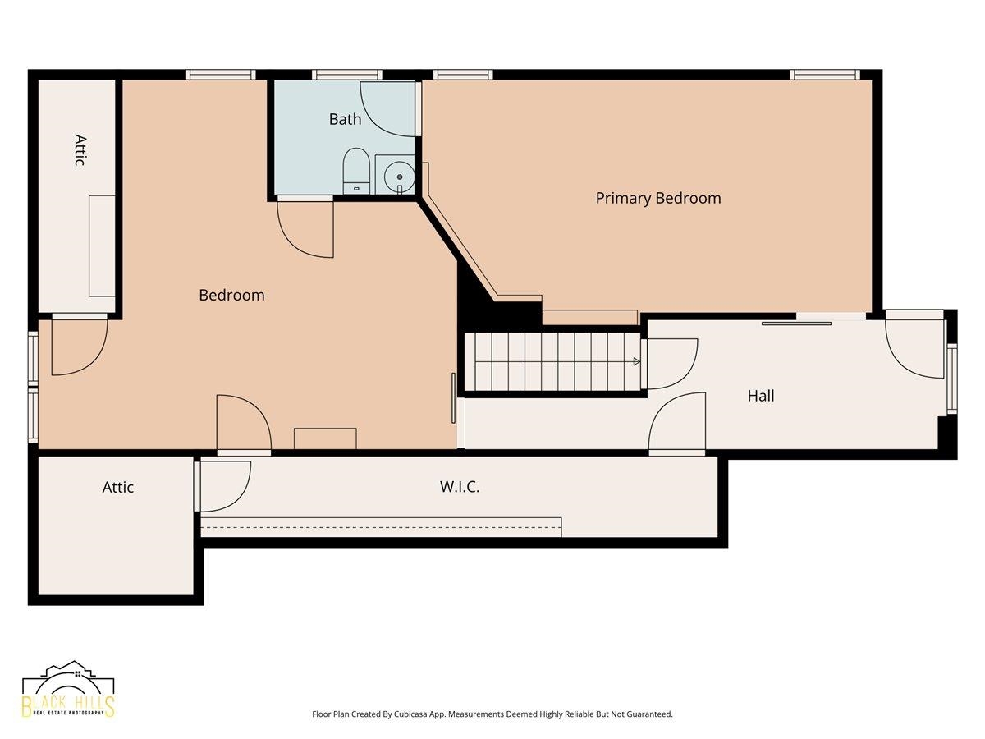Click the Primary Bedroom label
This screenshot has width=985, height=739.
pyautogui.click(x=657, y=199)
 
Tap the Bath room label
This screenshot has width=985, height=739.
pyautogui.click(x=345, y=119)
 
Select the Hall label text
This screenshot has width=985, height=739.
pyautogui.click(x=761, y=395)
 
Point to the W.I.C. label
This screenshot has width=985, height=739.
pyautogui.click(x=460, y=487)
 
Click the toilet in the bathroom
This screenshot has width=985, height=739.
pyautogui.click(x=356, y=171)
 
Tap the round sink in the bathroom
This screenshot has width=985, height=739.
pyautogui.click(x=399, y=177)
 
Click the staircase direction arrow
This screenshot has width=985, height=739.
pyautogui.click(x=636, y=361)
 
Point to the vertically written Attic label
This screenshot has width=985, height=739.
pyautogui.click(x=80, y=150)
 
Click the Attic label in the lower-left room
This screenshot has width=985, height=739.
pyautogui.click(x=117, y=487)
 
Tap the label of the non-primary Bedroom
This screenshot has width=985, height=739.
pyautogui.click(x=231, y=296)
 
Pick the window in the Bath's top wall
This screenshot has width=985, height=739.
pyautogui.click(x=347, y=75)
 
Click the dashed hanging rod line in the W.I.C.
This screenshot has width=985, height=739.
pyautogui.click(x=381, y=527)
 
